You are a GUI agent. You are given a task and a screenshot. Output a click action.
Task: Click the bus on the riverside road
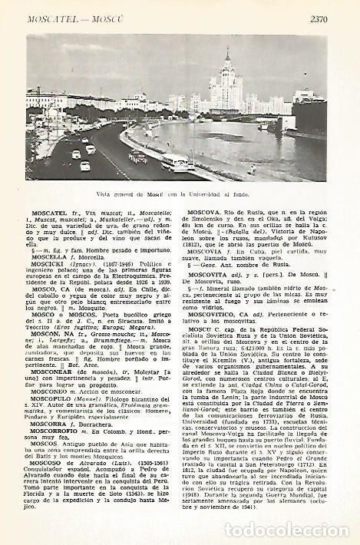coord(174,163)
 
